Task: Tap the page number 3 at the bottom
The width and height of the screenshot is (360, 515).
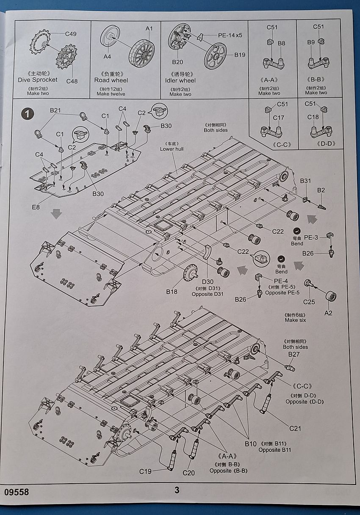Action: tap(177, 490)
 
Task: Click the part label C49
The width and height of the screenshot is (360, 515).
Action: tap(71, 34)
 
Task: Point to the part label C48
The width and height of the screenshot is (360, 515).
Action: tap(72, 81)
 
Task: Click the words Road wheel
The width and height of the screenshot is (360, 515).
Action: tap(111, 80)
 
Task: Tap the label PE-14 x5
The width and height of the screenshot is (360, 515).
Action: tap(230, 35)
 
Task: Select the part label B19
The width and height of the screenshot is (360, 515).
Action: tap(240, 55)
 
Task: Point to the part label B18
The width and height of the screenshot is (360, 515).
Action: tap(172, 292)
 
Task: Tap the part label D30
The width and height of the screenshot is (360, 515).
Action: tap(208, 282)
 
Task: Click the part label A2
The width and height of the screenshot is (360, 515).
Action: tap(328, 313)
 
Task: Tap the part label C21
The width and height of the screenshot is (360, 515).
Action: tap(295, 428)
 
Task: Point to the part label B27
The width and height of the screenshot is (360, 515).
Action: tap(294, 354)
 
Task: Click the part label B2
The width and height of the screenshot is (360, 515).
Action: tap(321, 190)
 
